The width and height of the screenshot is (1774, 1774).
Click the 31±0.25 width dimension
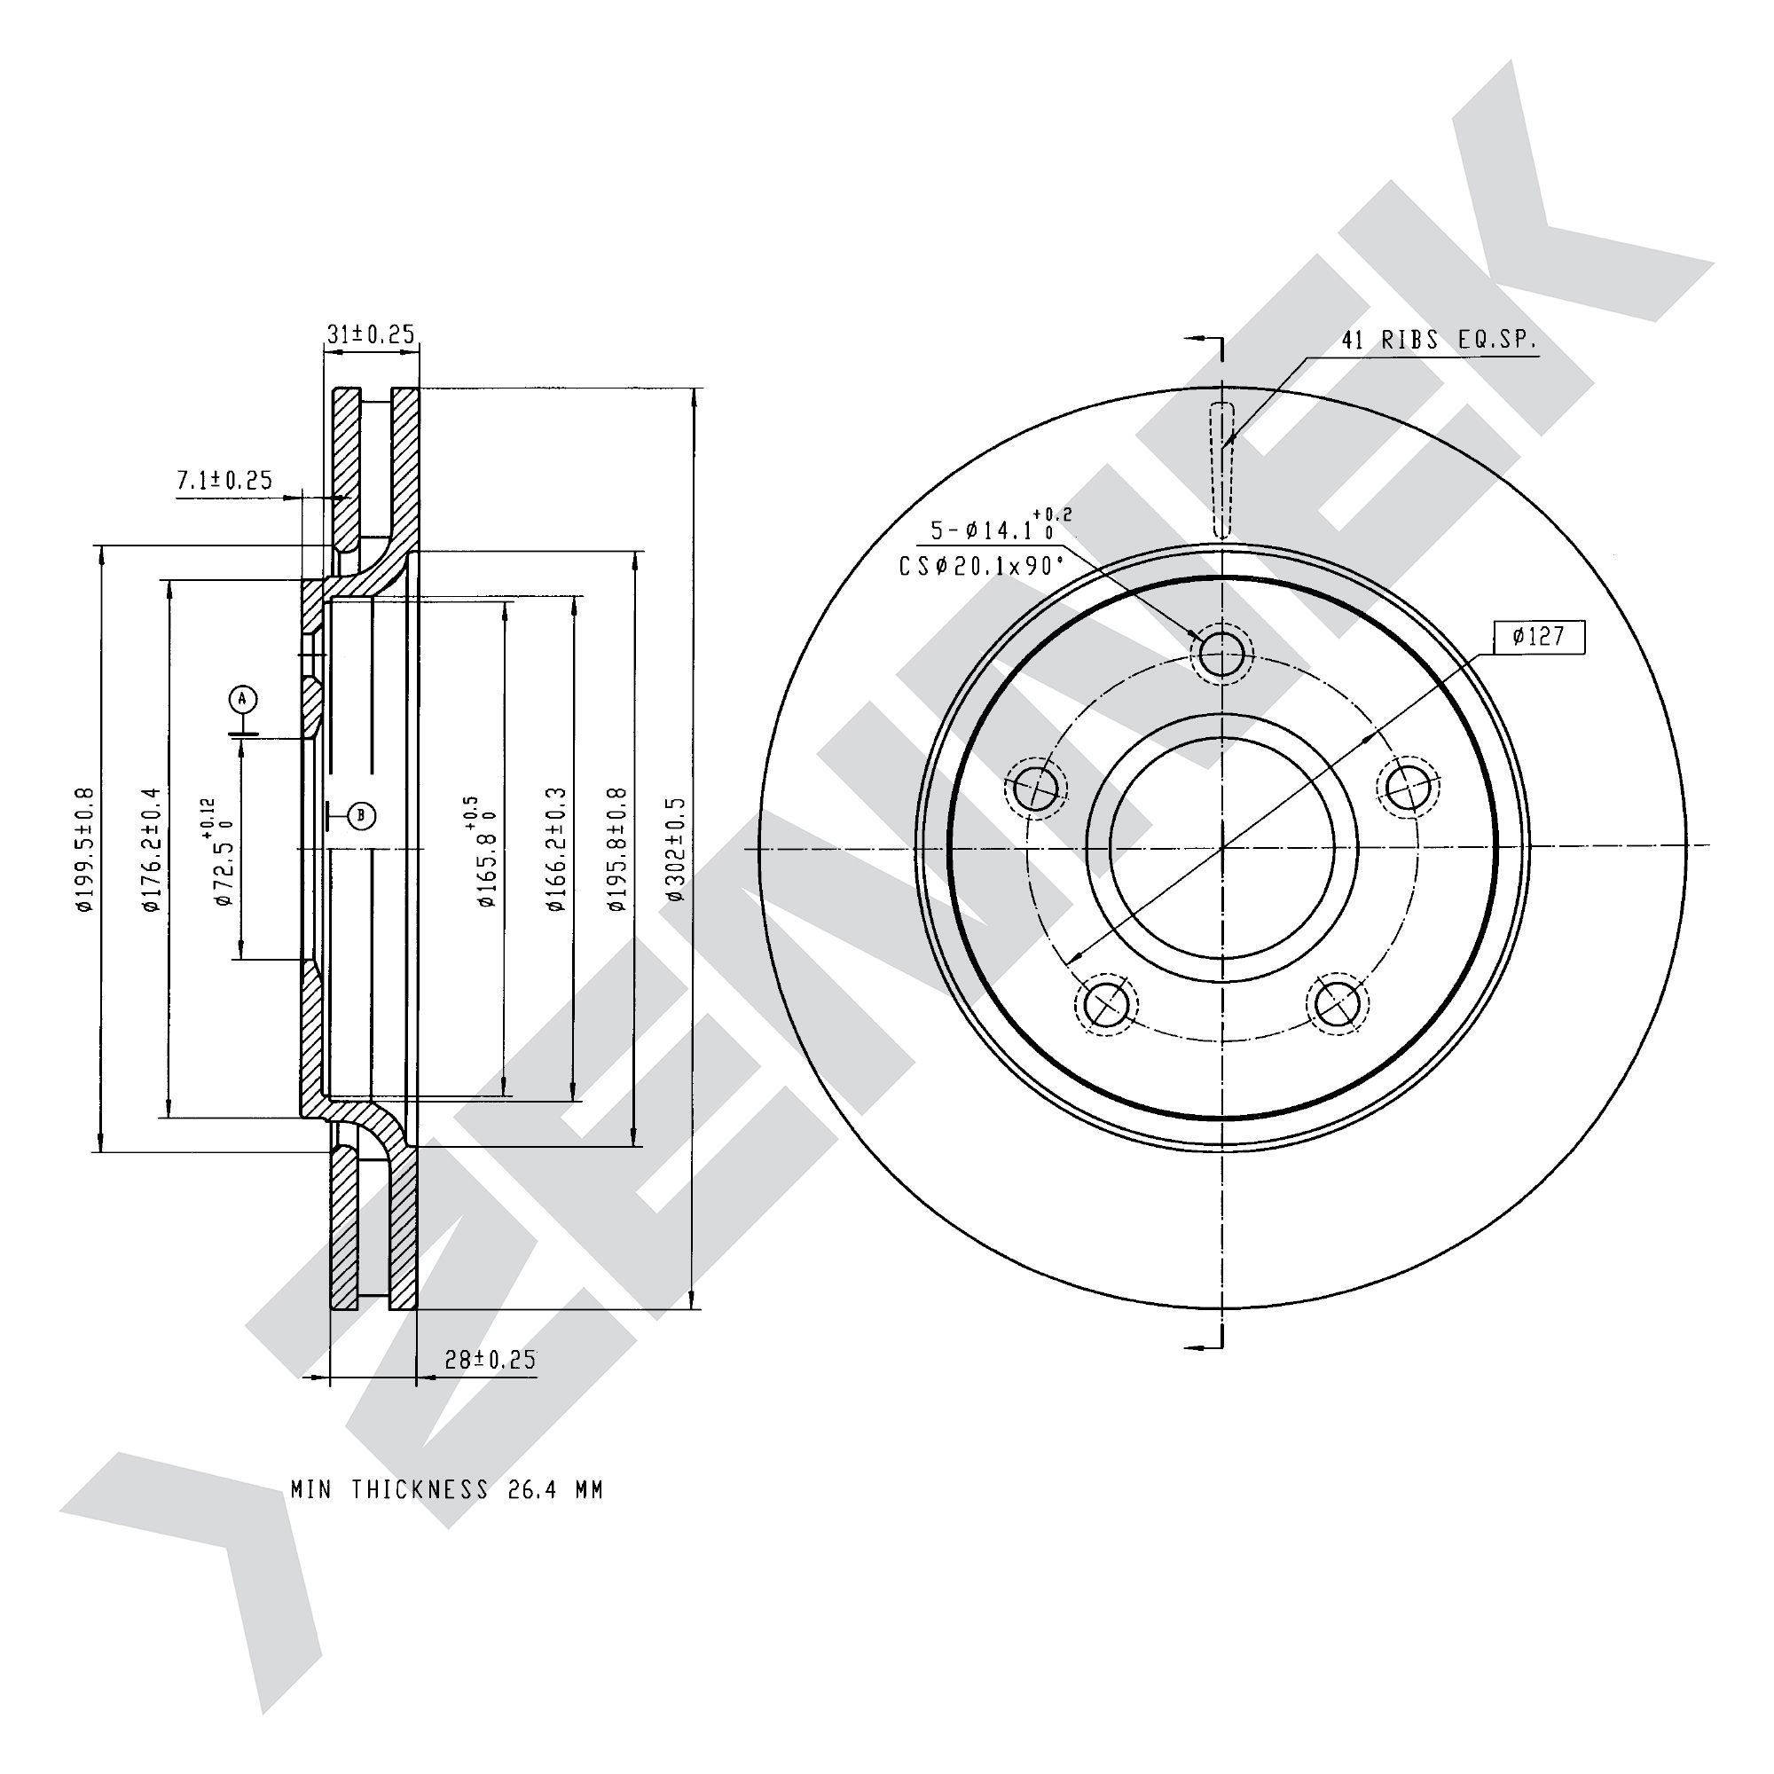371,334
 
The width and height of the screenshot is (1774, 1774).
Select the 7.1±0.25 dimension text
224,479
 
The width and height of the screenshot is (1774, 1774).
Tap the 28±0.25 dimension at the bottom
490,1360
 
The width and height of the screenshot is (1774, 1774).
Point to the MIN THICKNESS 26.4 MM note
447,1489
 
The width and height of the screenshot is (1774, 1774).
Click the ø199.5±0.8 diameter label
84,849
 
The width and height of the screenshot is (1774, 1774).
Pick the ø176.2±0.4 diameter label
152,849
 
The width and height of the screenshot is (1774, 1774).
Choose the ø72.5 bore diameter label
220,854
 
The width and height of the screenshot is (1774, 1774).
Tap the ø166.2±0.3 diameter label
554,849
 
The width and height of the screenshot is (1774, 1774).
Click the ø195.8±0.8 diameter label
617,849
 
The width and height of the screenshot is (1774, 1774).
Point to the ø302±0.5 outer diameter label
677,849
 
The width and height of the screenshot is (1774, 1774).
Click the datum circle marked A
242,700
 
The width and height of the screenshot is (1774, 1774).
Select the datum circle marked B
362,814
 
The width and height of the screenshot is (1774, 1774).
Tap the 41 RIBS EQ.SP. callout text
1439,340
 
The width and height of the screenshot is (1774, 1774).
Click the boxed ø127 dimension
1538,635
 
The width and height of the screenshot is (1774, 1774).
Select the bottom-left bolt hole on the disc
1105,1005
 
